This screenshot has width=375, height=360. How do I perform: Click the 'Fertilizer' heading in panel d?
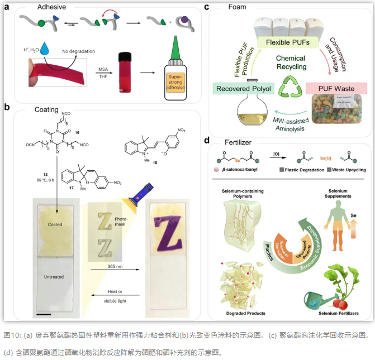click(236, 143)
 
